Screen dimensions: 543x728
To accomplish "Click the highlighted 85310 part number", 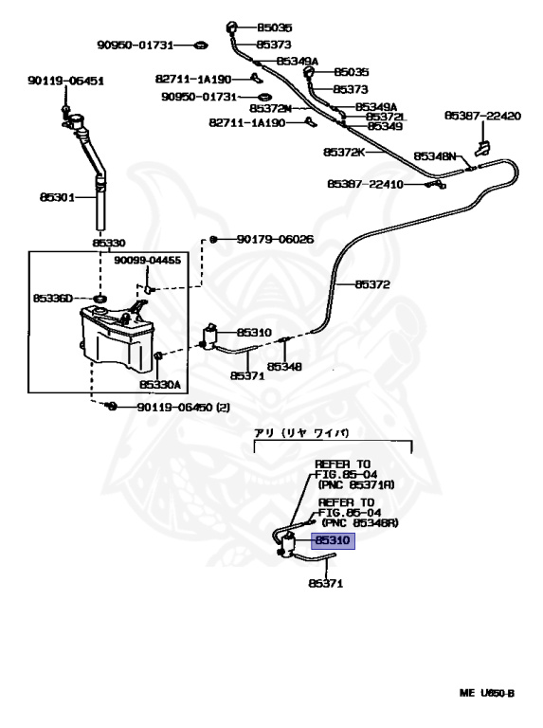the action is click(x=333, y=540).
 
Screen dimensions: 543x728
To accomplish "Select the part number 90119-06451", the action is click(x=66, y=81).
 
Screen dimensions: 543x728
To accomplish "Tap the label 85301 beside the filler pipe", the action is click(x=57, y=197).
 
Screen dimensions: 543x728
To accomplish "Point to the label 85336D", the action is click(x=53, y=298).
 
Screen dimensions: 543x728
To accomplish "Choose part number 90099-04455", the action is click(x=148, y=260).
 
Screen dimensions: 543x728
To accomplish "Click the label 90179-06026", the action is click(x=275, y=239).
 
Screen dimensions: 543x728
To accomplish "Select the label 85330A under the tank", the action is click(x=160, y=385).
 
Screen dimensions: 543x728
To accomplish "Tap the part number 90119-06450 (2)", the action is click(x=183, y=408).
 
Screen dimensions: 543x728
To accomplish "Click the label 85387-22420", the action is click(x=482, y=116).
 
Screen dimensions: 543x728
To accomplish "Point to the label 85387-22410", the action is click(x=365, y=184).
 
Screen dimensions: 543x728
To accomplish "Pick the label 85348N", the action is click(x=435, y=156).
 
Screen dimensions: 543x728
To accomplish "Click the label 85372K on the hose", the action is click(x=344, y=152).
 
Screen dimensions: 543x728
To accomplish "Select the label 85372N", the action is click(x=271, y=108).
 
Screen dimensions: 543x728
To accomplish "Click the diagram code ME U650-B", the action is click(x=487, y=694).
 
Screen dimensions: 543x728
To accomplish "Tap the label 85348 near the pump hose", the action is click(x=284, y=367).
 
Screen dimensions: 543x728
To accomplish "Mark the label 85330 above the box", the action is click(x=109, y=243).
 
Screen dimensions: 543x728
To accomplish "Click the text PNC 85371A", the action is click(x=356, y=484).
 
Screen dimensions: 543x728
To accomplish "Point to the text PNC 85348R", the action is click(x=360, y=523).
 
